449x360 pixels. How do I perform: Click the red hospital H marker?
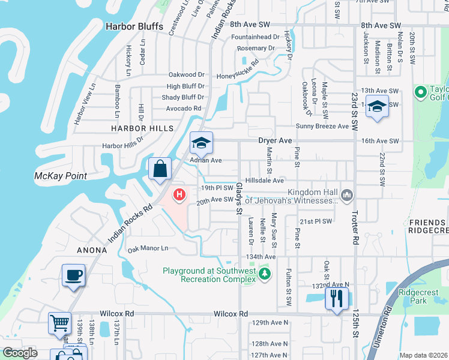tap(179, 194)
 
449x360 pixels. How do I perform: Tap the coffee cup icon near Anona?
tap(74, 276)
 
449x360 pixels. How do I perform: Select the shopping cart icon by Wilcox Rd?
tap(59, 324)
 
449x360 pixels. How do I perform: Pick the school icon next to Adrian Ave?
tap(201, 143)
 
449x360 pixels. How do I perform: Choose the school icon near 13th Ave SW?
tap(376, 107)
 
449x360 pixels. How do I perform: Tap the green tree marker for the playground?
tap(265, 274)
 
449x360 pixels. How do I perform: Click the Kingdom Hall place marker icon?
tap(346, 194)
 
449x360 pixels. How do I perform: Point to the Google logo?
tap(20, 353)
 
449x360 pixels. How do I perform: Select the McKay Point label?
tap(60, 176)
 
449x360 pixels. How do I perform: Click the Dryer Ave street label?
tap(275, 140)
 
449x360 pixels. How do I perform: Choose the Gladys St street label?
tap(238, 198)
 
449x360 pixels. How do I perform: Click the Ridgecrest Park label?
tap(418, 297)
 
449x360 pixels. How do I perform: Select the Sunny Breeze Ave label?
tap(322, 127)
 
